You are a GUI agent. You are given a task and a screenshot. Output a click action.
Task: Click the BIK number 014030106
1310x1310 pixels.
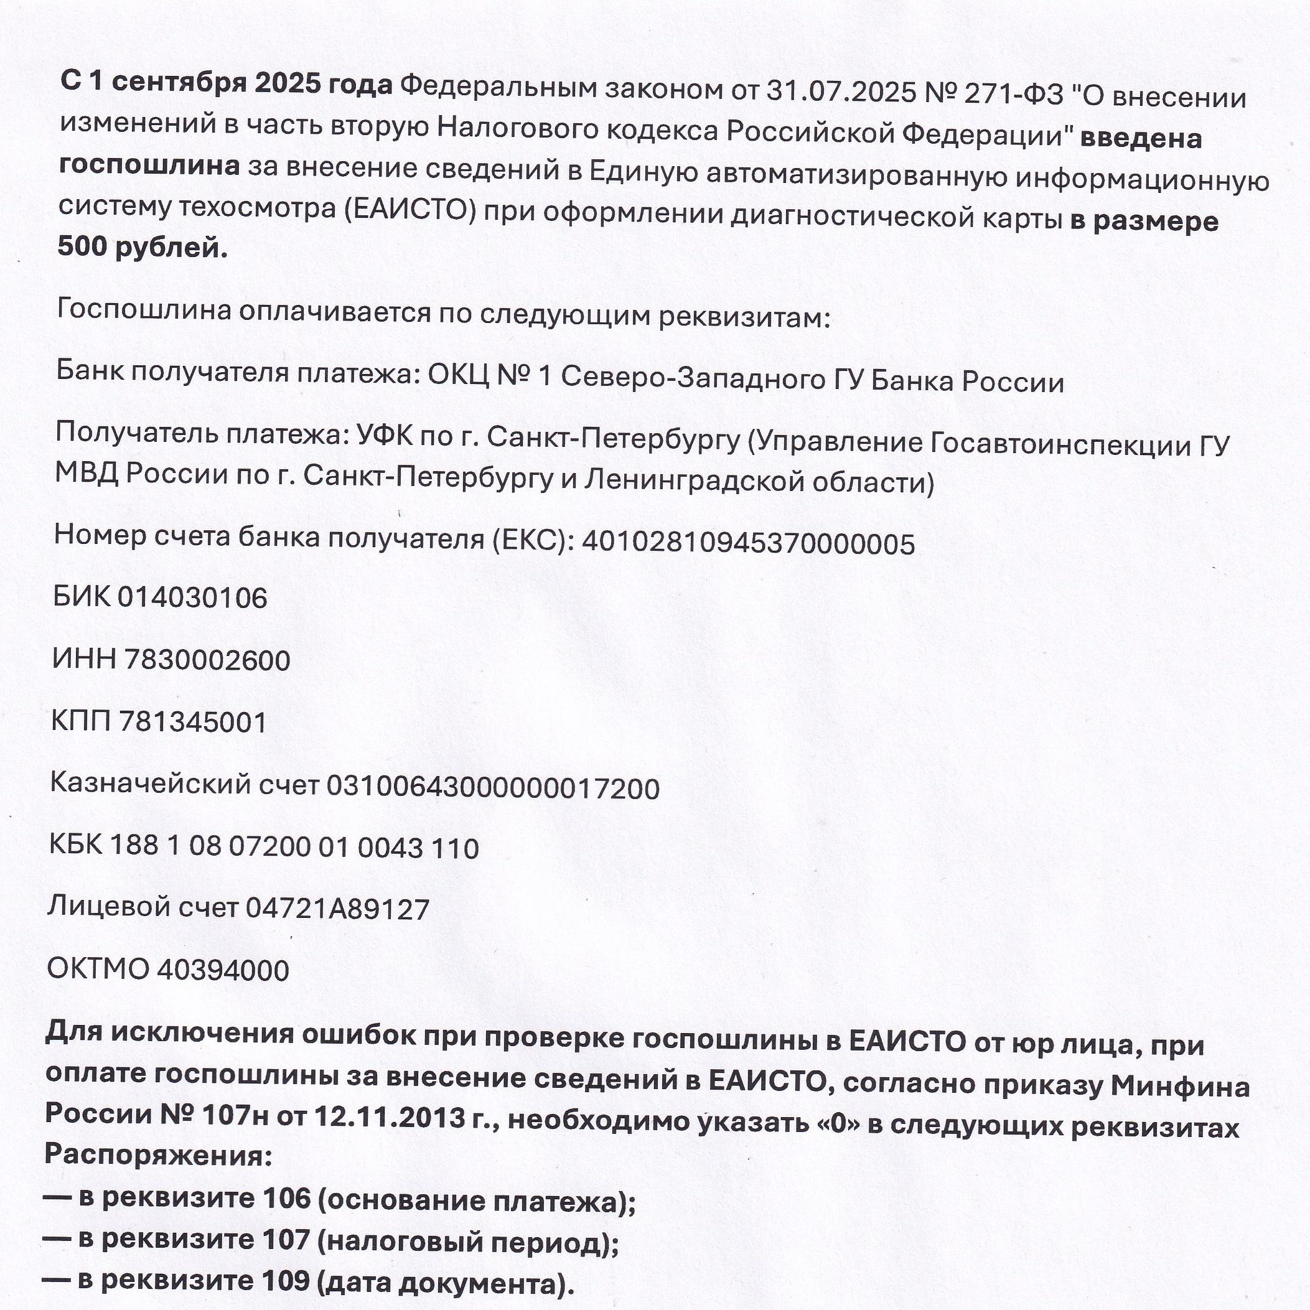pyautogui.click(x=192, y=598)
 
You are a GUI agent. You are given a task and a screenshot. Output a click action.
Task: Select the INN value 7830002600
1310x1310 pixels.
pyautogui.click(x=207, y=660)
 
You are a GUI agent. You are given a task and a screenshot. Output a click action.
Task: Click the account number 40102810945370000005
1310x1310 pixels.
pyautogui.click(x=749, y=544)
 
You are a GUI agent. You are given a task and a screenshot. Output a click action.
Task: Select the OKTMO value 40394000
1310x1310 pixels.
pyautogui.click(x=223, y=970)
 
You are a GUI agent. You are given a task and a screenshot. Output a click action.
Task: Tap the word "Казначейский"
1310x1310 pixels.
pyautogui.click(x=151, y=785)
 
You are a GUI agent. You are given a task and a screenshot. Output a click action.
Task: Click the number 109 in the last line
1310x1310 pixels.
pyautogui.click(x=285, y=1280)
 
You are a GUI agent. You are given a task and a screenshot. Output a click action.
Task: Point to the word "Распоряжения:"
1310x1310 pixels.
pyautogui.click(x=158, y=1154)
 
